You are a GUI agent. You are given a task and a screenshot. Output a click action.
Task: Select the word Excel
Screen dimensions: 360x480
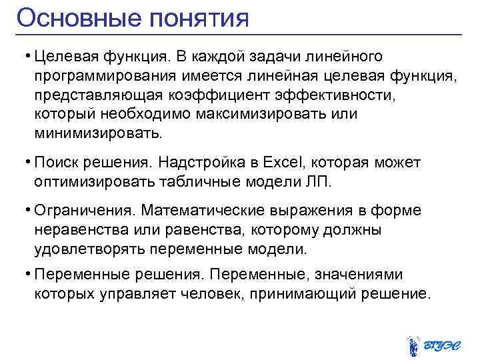(x=283, y=162)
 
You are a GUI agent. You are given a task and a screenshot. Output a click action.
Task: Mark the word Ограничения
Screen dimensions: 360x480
(x=85, y=211)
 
